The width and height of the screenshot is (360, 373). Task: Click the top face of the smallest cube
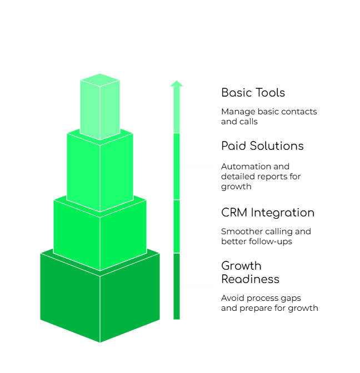pyautogui.click(x=100, y=80)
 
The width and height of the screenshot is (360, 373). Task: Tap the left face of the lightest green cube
pyautogui.click(x=90, y=109)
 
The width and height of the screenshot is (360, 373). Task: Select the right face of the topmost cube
pyautogui.click(x=110, y=109)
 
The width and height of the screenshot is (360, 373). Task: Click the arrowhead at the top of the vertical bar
pyautogui.click(x=177, y=83)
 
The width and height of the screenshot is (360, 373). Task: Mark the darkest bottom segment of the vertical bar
pyautogui.click(x=177, y=286)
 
